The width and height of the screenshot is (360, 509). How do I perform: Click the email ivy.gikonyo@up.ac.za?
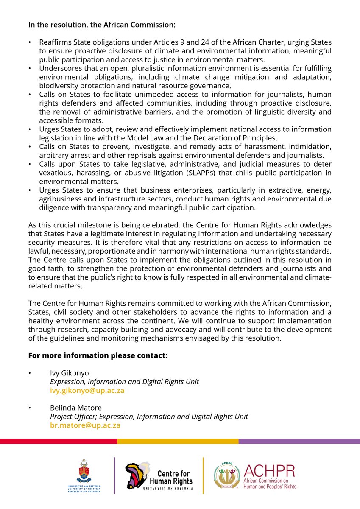pos(87,391)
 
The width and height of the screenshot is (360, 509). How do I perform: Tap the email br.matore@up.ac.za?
pos(85,425)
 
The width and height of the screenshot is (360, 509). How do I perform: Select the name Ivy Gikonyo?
pos(69,373)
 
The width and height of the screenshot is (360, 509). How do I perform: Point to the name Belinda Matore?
pos(76,408)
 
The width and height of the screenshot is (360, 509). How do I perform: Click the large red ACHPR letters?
pos(269,471)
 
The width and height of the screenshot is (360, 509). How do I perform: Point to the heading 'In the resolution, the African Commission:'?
pos(101,25)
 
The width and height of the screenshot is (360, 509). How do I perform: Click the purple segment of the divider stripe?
pos(299,442)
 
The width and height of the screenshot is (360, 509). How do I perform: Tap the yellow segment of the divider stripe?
pos(178,442)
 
